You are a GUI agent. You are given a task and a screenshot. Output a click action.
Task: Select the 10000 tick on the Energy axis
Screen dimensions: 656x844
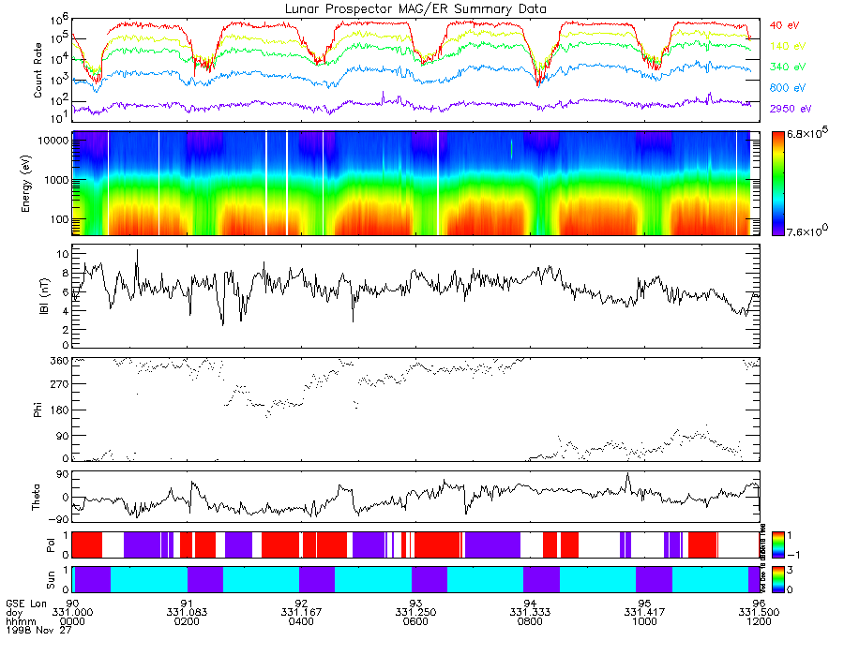coord(50,140)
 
